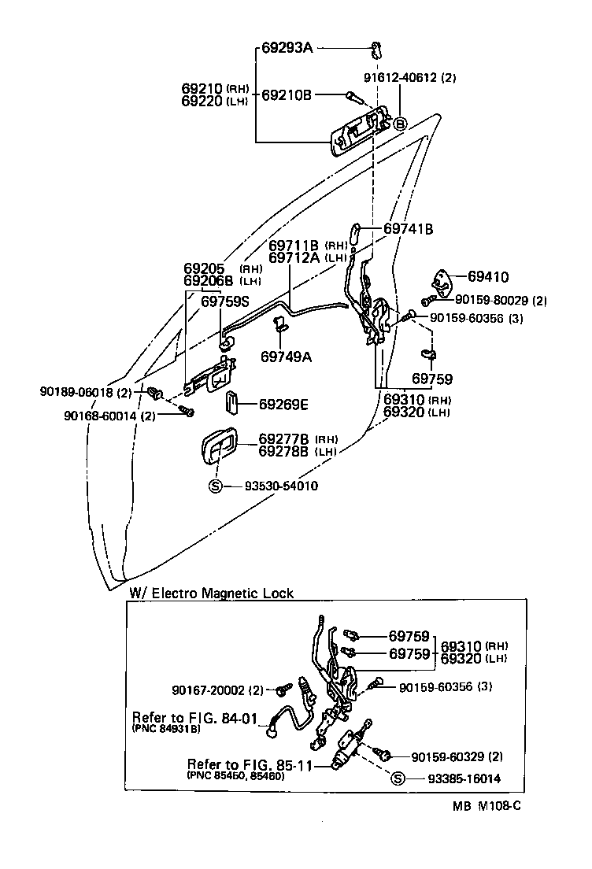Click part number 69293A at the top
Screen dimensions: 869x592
(287, 49)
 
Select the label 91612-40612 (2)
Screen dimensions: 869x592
(409, 77)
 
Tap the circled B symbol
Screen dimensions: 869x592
(399, 124)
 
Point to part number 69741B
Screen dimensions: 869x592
(408, 229)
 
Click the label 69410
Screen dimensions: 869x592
(487, 277)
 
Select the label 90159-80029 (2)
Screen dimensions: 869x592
(496, 300)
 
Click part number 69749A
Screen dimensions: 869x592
(286, 357)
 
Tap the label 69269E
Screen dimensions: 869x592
(283, 405)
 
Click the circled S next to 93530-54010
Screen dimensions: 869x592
(215, 486)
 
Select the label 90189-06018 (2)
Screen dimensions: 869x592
(86, 391)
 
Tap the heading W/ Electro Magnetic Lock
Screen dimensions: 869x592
(210, 594)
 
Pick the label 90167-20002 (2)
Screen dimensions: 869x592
(217, 690)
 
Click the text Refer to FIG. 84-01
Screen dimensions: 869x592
(195, 717)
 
